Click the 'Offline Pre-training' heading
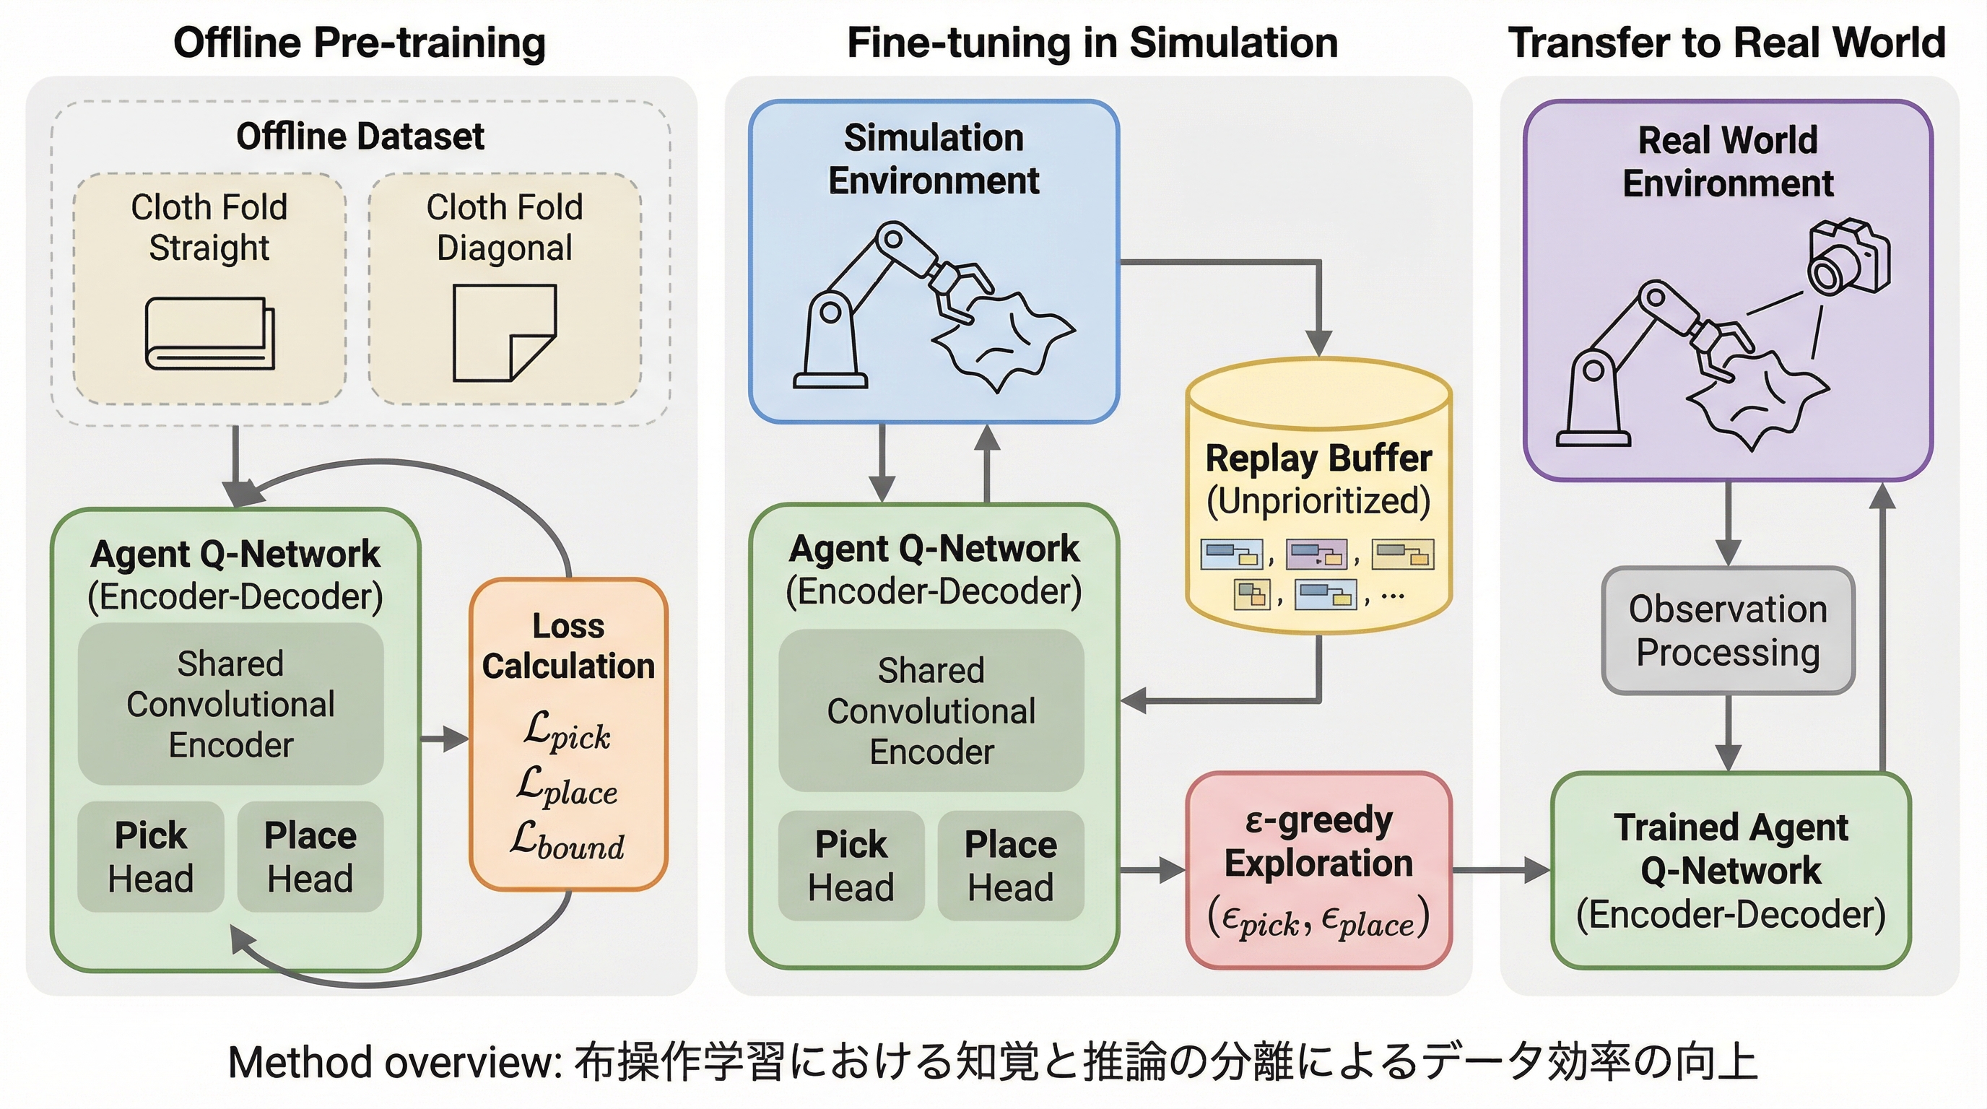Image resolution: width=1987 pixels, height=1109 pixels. [x=360, y=43]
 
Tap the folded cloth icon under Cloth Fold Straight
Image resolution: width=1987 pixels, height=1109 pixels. [x=210, y=333]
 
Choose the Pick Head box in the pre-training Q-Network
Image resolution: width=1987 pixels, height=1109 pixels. [x=150, y=857]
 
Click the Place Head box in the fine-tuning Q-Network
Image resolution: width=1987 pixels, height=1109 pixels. [x=1011, y=865]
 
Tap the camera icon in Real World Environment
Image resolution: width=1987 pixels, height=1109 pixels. [x=1848, y=257]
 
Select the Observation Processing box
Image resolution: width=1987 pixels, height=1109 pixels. [x=1728, y=631]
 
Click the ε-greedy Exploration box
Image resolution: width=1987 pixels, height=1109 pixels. [x=1318, y=870]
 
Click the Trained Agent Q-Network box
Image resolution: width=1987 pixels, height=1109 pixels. [x=1730, y=871]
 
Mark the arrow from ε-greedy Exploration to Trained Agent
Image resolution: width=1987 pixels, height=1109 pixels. [x=1500, y=871]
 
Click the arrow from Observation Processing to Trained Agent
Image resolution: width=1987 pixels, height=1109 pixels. [x=1728, y=733]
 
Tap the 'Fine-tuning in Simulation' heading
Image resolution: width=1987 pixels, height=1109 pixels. [x=1092, y=43]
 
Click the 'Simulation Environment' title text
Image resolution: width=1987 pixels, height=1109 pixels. [x=934, y=159]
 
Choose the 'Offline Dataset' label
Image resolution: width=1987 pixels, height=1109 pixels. [x=360, y=137]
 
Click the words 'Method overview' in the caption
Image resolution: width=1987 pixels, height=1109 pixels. [x=394, y=1063]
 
